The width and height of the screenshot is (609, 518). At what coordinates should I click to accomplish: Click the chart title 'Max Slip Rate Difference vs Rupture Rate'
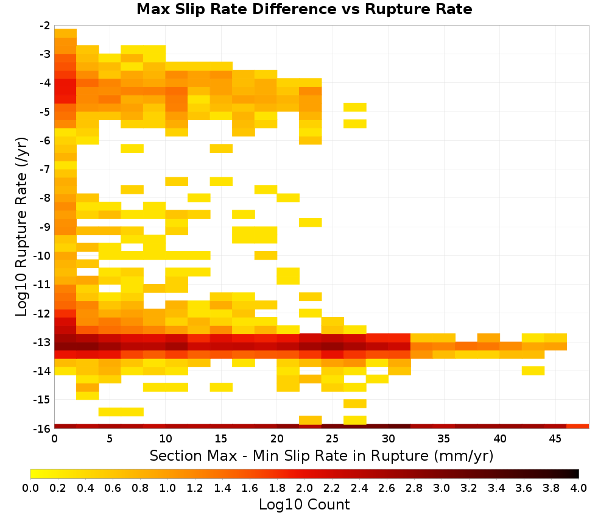click(304, 9)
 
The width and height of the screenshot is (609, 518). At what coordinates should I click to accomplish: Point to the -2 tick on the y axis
click(45, 26)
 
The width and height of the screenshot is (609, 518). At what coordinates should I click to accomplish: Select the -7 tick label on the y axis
click(45, 169)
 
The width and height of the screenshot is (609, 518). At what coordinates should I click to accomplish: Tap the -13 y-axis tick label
click(43, 342)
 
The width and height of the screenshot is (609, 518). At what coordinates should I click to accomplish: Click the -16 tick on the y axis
click(43, 428)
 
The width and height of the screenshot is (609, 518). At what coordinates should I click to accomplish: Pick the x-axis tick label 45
click(555, 439)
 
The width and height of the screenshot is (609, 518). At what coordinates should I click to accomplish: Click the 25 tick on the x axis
click(332, 439)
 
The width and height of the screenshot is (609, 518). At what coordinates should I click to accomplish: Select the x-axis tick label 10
click(166, 439)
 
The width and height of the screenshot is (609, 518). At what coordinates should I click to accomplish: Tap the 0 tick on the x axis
click(54, 439)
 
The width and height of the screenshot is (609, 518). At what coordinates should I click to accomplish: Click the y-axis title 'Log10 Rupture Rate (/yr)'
click(21, 227)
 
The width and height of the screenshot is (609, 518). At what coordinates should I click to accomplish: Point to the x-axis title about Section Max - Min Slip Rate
click(322, 455)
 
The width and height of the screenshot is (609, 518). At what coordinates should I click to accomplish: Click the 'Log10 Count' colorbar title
click(304, 504)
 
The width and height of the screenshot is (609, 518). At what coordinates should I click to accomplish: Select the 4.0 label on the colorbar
click(579, 488)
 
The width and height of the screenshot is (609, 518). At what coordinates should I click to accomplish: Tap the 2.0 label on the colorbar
click(304, 488)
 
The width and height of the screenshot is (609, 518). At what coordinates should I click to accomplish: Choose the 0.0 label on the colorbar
click(30, 488)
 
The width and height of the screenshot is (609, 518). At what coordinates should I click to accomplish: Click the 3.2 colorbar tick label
click(469, 488)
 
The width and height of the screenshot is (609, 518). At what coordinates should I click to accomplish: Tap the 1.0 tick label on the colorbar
click(167, 488)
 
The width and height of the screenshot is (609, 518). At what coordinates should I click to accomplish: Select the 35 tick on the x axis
click(443, 439)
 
